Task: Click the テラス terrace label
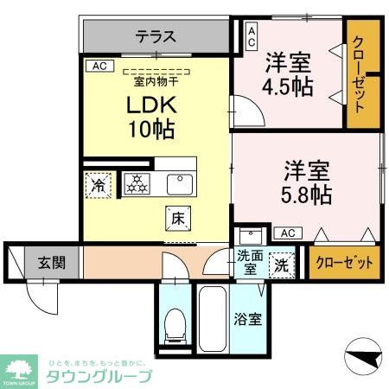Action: click(156, 36)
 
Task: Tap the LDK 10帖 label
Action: click(153, 117)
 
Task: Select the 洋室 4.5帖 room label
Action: click(288, 73)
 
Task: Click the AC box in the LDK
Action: click(99, 65)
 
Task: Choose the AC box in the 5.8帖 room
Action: click(287, 233)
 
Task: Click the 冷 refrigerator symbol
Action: click(99, 184)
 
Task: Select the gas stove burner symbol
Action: click(135, 183)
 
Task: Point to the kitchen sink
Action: click(178, 183)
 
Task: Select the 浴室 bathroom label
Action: click(248, 319)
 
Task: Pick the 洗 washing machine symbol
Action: click(282, 264)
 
